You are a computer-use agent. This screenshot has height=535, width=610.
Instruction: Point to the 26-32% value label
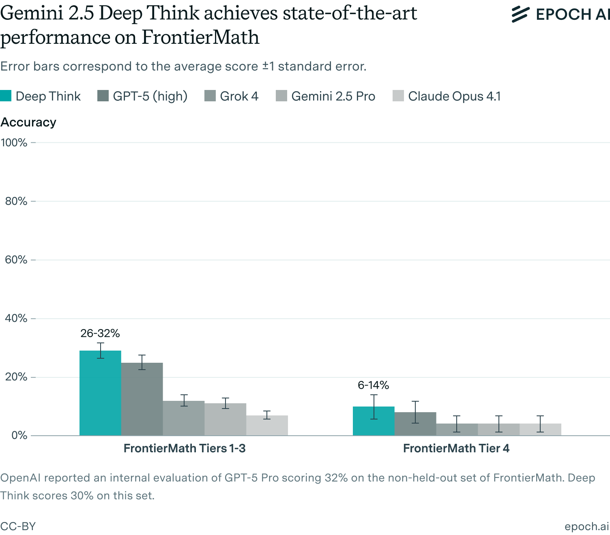[x=100, y=334]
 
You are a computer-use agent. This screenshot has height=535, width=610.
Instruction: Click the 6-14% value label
[x=374, y=385]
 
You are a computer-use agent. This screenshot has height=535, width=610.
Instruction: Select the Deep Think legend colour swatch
[x=6, y=96]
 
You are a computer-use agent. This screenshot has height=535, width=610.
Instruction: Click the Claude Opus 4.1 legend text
[x=454, y=96]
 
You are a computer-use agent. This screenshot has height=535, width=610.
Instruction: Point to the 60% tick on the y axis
[x=16, y=260]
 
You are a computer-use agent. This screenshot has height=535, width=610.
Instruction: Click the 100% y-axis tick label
[x=14, y=143]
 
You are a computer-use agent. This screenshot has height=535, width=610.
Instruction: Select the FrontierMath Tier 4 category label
[x=456, y=448]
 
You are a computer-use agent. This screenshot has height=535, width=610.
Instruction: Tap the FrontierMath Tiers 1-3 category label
[x=185, y=448]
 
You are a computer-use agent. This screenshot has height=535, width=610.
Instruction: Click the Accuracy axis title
[x=28, y=122]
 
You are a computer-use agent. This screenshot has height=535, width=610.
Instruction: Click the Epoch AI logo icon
[x=520, y=14]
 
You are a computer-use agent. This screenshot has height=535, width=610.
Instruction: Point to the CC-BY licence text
[x=18, y=526]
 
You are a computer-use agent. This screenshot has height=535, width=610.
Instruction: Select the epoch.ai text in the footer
[x=586, y=526]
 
